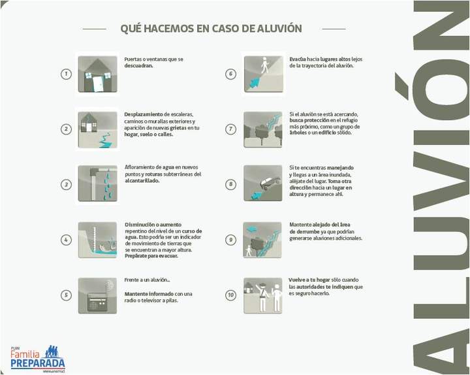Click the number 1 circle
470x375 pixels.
point(66,74)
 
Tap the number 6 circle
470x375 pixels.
point(230,74)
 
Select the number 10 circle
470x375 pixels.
point(230,295)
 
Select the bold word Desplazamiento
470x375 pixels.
point(144,114)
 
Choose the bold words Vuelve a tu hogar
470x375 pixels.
point(310,280)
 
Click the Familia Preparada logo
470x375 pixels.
point(38,359)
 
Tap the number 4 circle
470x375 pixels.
point(66,240)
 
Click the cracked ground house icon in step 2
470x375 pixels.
point(97,129)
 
